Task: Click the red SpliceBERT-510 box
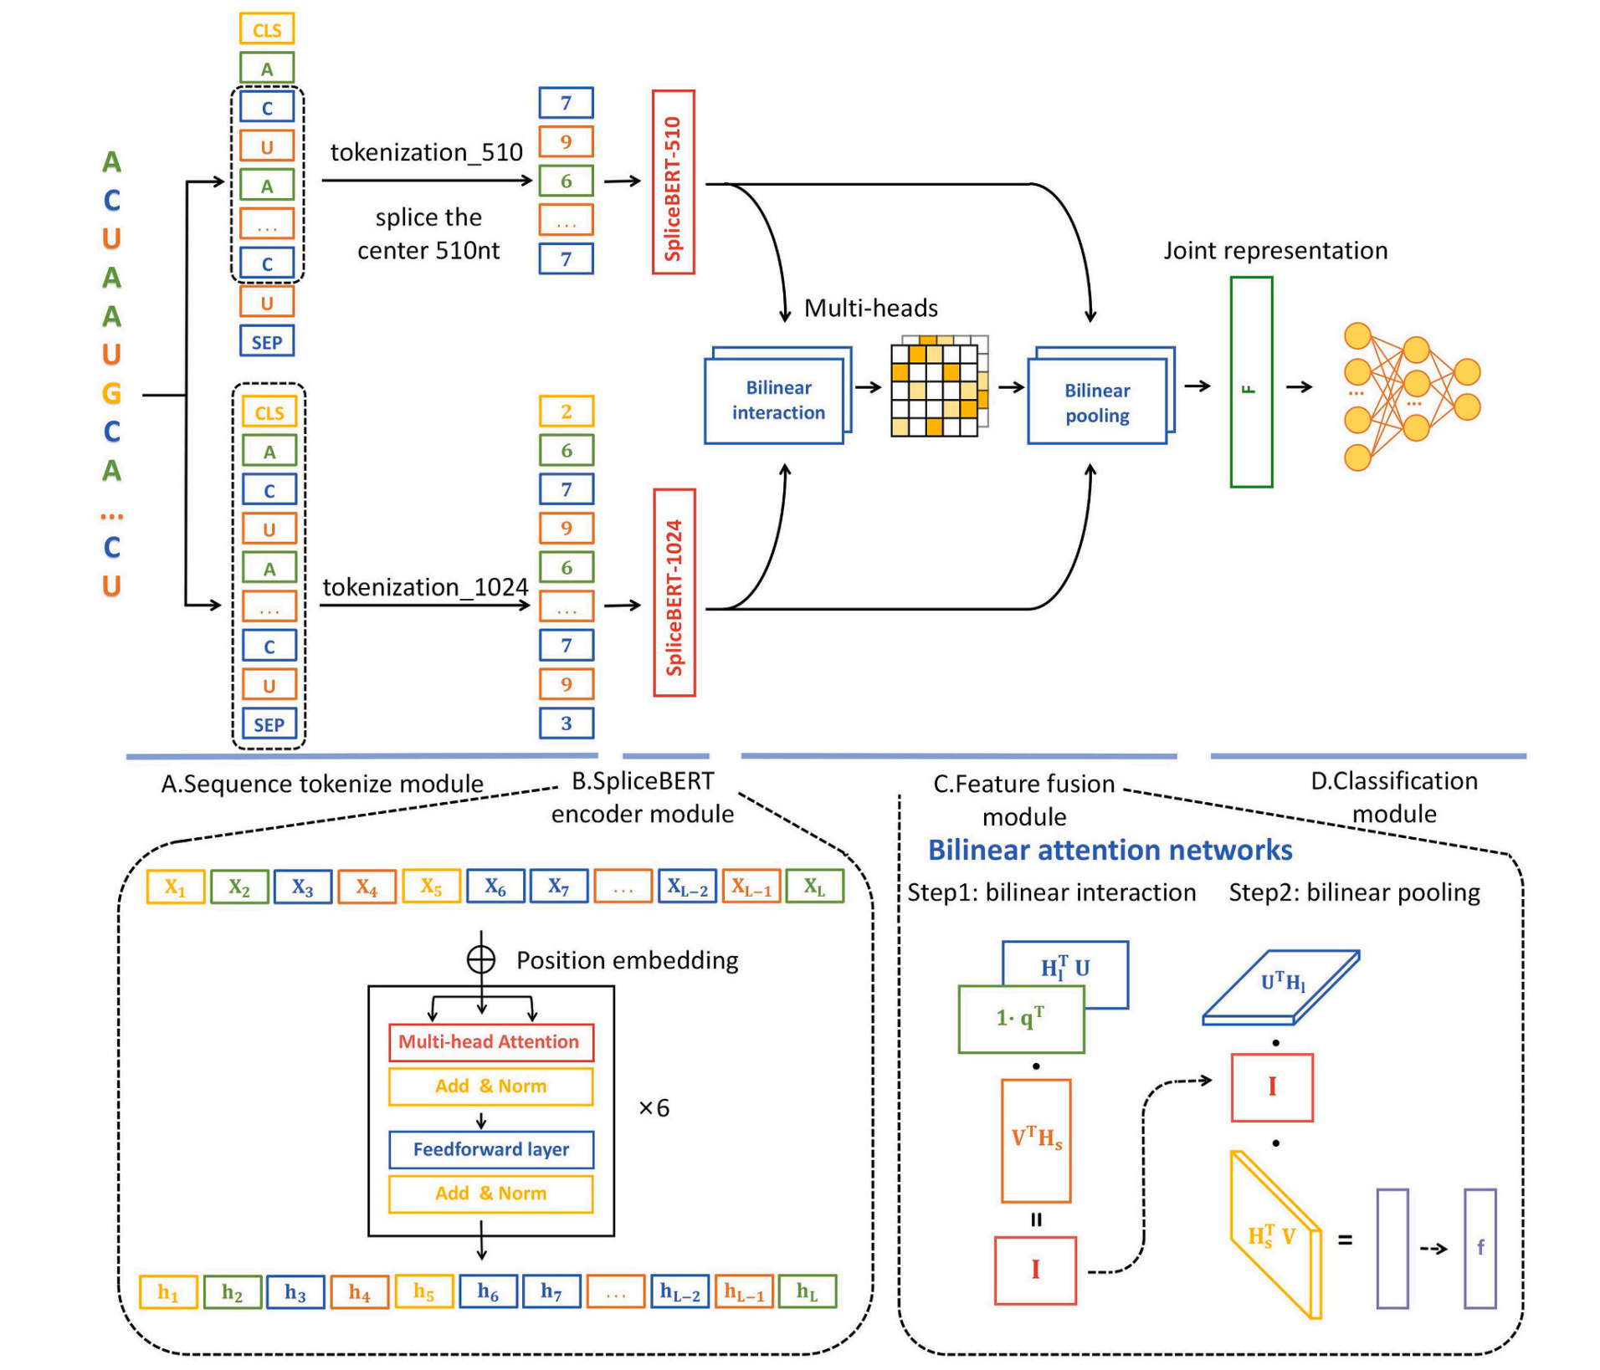pos(673,182)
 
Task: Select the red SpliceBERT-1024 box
pos(674,593)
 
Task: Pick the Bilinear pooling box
pos(1097,402)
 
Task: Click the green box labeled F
pos(1250,383)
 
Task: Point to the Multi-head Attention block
pos(490,1042)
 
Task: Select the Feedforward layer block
pos(490,1150)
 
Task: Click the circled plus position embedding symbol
pos(481,959)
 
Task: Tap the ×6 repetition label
pos(654,1108)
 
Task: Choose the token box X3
pos(302,887)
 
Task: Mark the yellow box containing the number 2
pos(567,412)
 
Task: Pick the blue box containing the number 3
pos(567,723)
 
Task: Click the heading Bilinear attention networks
pos(1110,850)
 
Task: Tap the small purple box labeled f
pos(1479,1248)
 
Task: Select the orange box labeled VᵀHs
pos(1036,1140)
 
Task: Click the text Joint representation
pos(1275,250)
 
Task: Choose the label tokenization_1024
pos(425,587)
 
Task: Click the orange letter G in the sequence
pos(111,393)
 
